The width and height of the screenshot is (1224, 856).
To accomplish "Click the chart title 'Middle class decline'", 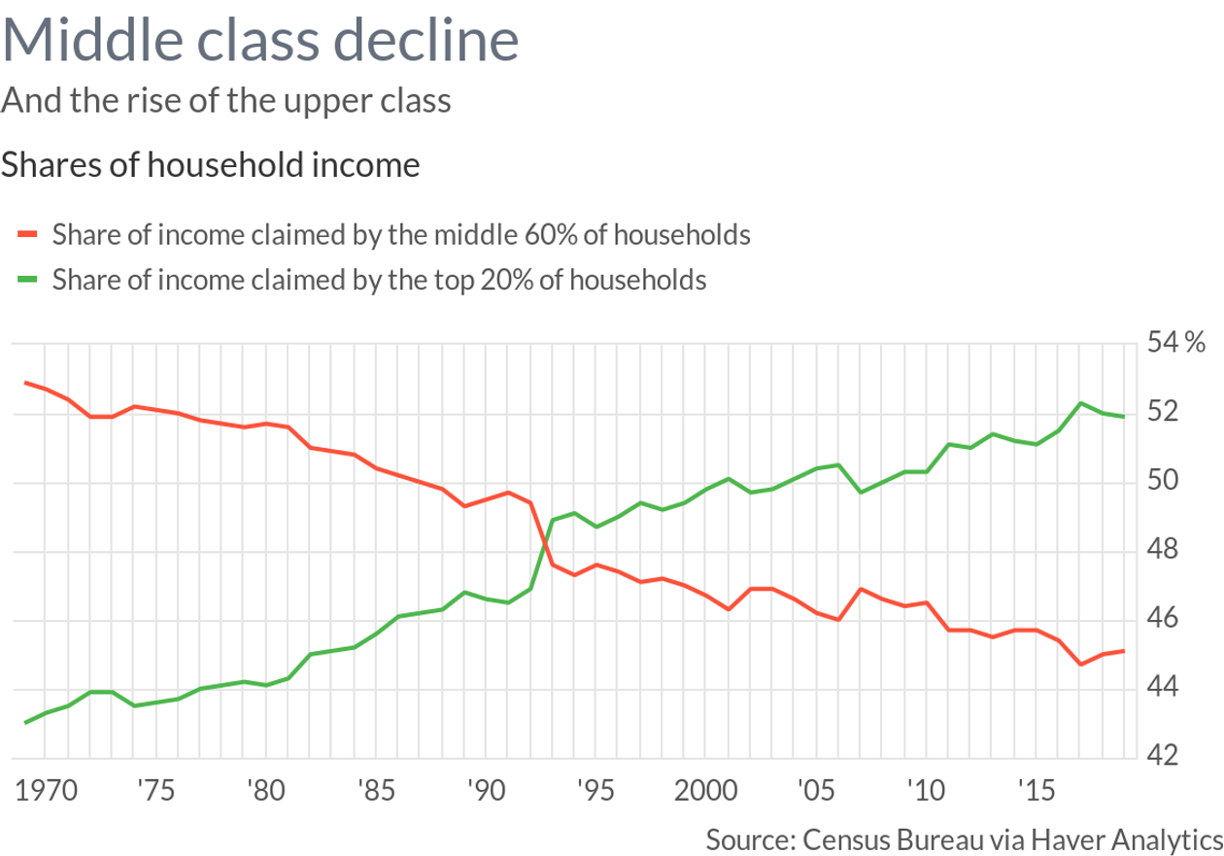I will click(x=260, y=42).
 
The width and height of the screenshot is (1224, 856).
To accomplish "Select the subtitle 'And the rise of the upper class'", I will click(x=226, y=100).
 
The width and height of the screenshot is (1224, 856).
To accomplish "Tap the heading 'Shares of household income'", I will click(x=211, y=165).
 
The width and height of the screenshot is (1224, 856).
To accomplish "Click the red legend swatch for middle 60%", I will click(x=27, y=234).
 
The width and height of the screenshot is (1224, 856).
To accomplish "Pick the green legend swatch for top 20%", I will click(x=27, y=280).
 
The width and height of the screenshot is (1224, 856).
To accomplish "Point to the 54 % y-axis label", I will click(x=1176, y=343).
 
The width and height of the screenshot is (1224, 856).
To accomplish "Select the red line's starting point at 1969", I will click(x=25, y=382).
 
